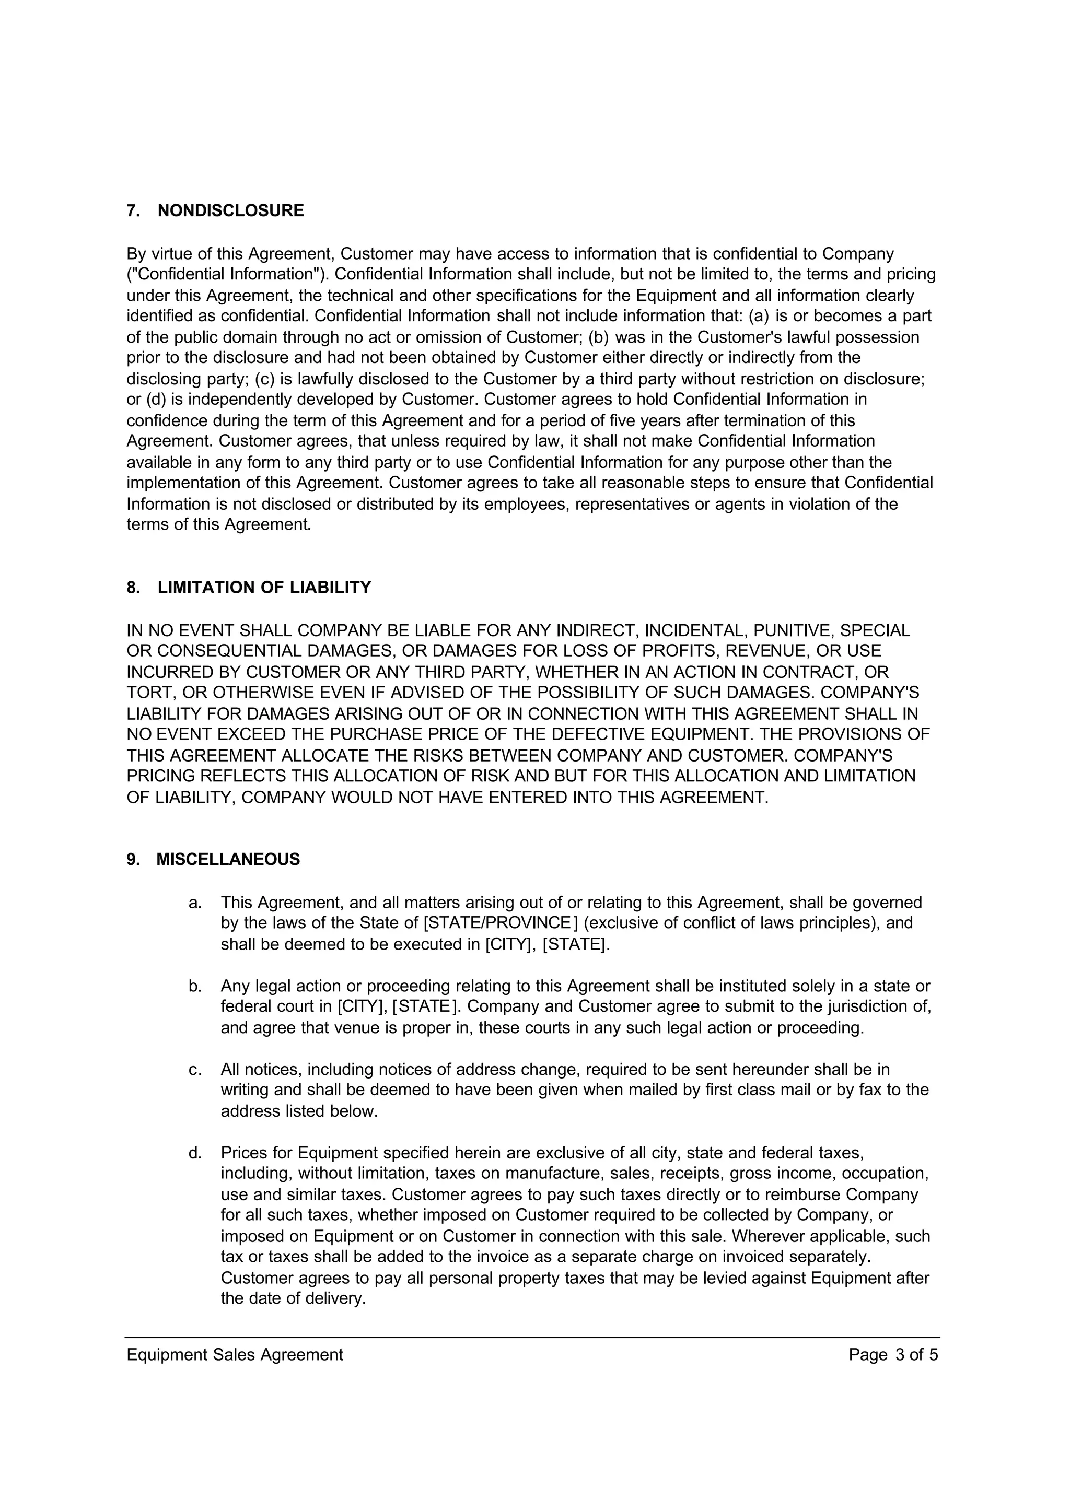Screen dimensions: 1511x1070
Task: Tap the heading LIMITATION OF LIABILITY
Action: (264, 588)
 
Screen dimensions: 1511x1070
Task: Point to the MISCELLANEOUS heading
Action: (228, 860)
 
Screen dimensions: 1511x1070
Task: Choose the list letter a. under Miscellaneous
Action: (195, 903)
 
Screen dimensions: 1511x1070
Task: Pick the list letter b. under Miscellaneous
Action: (195, 986)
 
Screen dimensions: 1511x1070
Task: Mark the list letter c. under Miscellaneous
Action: (195, 1070)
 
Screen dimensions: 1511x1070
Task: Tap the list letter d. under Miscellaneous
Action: (195, 1153)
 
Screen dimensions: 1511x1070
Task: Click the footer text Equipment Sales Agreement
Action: (235, 1355)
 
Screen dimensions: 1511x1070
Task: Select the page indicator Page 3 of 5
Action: (893, 1355)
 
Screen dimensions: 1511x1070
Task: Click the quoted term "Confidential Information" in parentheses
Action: (230, 274)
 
